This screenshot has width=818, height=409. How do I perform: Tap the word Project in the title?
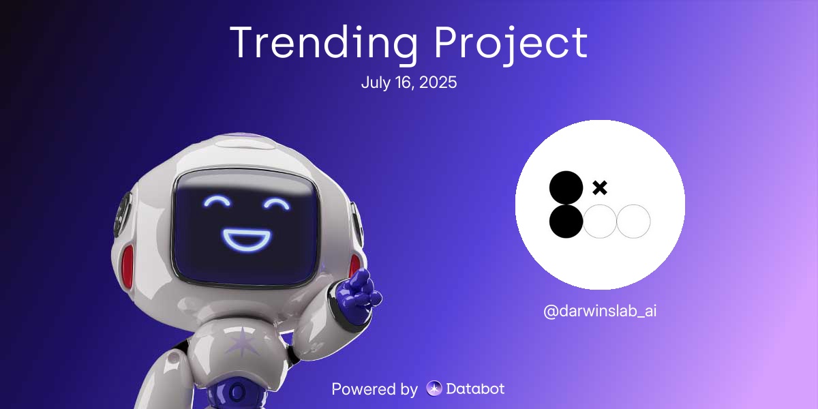pos(511,44)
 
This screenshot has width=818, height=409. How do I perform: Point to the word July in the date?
pos(374,83)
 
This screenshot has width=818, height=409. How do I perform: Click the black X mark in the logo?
pos(600,187)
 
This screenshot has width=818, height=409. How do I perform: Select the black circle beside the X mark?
pos(566,187)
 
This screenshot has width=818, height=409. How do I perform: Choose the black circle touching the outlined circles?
pos(566,222)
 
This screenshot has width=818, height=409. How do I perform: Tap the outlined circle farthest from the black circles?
pos(633,222)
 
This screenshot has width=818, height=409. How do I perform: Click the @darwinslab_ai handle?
pos(600,312)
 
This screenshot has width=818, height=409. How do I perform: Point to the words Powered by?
pos(374,389)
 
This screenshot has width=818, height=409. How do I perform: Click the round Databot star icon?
pos(434,389)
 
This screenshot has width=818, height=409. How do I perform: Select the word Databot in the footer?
pos(475,389)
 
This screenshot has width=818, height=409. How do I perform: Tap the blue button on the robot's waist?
pos(237,393)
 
